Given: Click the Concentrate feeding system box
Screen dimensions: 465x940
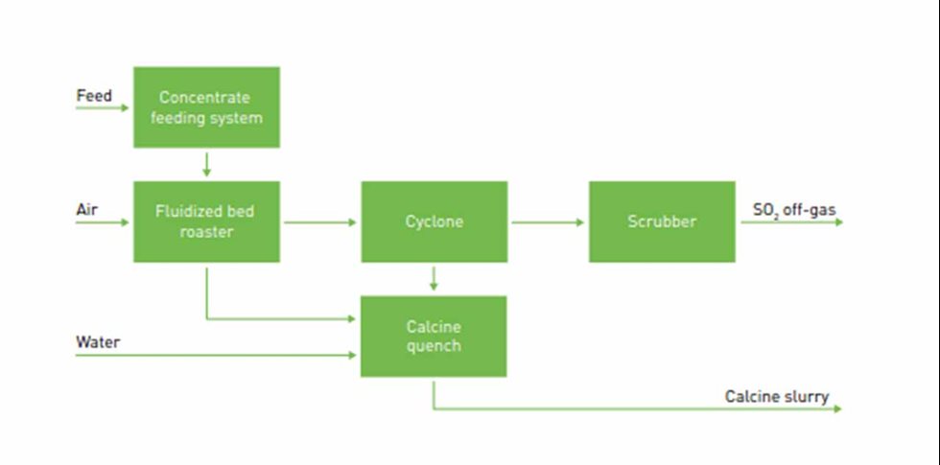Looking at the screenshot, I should coord(206,107).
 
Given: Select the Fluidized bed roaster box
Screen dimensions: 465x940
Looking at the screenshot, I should coord(206,221).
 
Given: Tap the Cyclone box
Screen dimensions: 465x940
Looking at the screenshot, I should coord(434,221).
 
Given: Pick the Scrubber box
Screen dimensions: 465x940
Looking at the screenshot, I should coord(662,221).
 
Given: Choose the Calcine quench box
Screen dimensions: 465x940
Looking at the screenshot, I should coord(434,337).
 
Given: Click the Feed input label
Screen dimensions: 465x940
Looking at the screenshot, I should coord(94,96).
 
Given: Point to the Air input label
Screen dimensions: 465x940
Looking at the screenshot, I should coord(87,209).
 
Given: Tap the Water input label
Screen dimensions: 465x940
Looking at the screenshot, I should coord(98,341).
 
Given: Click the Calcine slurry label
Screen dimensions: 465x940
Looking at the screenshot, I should coord(777,396).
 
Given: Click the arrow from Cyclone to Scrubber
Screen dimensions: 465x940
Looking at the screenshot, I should coord(548,222).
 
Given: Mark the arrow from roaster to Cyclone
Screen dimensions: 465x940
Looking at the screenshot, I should coord(320,222).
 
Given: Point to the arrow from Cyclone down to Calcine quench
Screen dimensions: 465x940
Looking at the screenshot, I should coord(434,279).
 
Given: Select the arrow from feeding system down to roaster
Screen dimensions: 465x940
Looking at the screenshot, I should coord(206,164).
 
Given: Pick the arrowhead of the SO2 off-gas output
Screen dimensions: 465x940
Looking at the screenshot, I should coord(837,222).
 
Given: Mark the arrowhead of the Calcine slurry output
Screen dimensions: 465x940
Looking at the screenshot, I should coord(837,409).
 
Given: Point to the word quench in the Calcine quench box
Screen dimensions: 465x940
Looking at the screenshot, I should coord(434,346).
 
